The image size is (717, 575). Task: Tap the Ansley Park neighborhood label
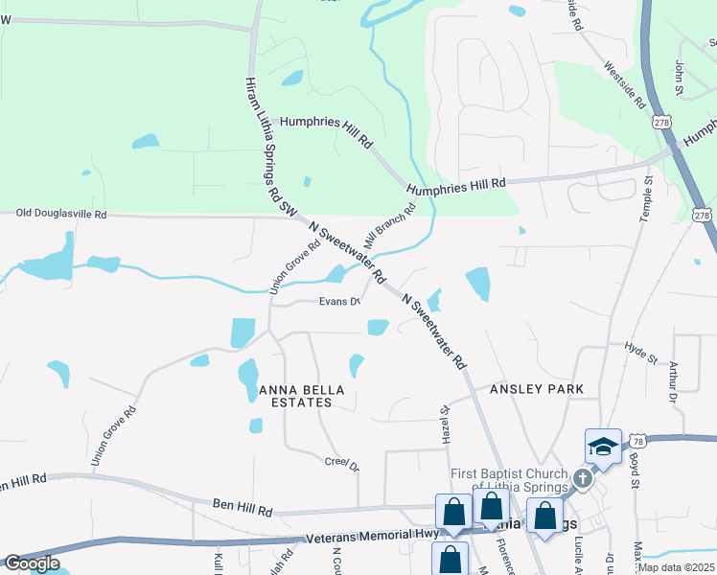coord(537,390)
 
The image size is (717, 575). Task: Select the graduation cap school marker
coord(603,448)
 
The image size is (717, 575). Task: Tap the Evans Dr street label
coord(339,303)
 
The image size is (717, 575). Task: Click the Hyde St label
coord(640,352)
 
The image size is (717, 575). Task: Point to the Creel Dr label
coord(342,464)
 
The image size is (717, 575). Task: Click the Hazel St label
coord(445,422)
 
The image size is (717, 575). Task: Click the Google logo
coord(33,563)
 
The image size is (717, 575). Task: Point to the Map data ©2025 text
coord(676,567)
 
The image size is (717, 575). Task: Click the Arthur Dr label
coord(674,381)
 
